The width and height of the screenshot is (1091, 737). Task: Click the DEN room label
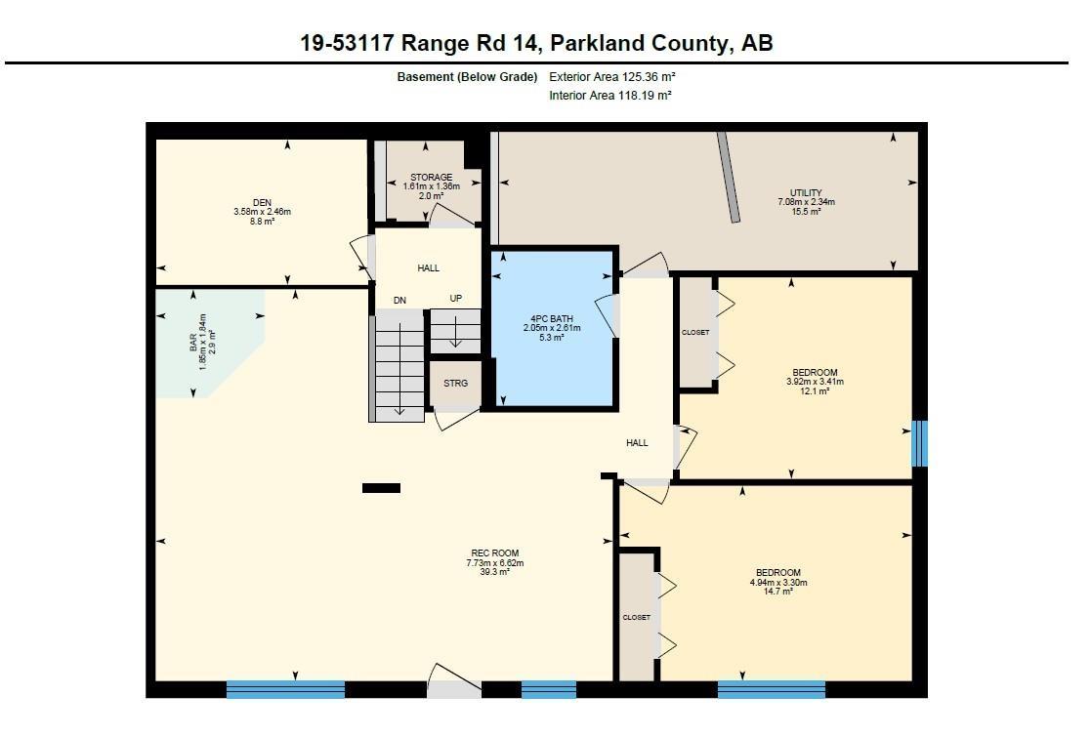click(x=263, y=202)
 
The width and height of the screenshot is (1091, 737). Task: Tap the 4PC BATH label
click(x=552, y=318)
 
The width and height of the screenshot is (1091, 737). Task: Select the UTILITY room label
click(x=806, y=192)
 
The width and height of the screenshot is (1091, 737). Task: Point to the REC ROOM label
click(x=494, y=553)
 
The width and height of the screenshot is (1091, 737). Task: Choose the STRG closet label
click(x=456, y=383)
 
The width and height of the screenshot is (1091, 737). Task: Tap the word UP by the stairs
click(x=456, y=299)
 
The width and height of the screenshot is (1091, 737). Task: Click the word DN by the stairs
click(x=399, y=301)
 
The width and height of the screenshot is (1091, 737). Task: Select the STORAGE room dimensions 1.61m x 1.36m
click(x=432, y=186)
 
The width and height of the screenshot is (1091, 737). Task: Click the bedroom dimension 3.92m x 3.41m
click(x=815, y=382)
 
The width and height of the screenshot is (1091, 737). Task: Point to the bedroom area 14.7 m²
click(x=777, y=592)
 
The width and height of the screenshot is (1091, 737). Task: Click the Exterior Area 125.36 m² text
click(x=612, y=76)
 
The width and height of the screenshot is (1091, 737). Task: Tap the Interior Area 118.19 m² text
click(x=610, y=96)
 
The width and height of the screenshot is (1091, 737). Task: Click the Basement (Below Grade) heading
click(x=467, y=76)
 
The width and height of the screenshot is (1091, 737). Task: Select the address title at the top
click(x=536, y=43)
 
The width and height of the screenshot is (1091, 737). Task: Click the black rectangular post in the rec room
click(x=381, y=488)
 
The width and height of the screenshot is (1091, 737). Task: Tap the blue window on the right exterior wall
click(x=919, y=443)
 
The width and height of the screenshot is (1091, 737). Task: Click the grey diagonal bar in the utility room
click(x=729, y=178)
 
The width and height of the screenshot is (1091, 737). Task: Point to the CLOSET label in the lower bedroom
click(x=637, y=617)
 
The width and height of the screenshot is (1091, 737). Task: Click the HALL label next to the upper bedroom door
click(x=637, y=443)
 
